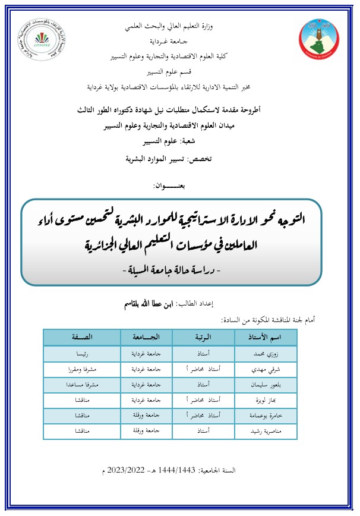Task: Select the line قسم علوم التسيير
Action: (172, 72)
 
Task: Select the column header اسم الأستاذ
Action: (266, 338)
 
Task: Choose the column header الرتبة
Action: (204, 338)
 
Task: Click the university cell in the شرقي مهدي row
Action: (146, 369)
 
